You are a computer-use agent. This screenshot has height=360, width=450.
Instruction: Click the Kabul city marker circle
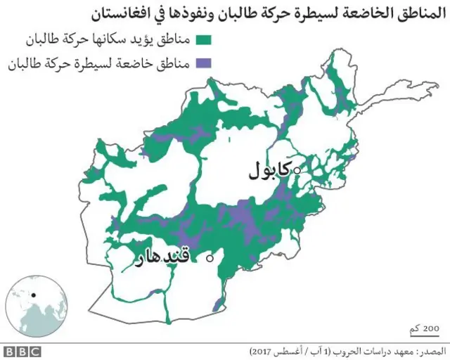pos(297,170)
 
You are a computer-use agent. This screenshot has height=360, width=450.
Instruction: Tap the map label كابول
pos(271,170)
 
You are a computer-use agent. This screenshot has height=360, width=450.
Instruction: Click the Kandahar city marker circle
pos(210,259)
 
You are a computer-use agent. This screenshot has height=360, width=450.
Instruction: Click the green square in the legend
pos(205,39)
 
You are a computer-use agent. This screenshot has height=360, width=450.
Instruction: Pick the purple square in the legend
pos(205,64)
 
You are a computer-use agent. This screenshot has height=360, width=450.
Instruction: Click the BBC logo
pos(22,351)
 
